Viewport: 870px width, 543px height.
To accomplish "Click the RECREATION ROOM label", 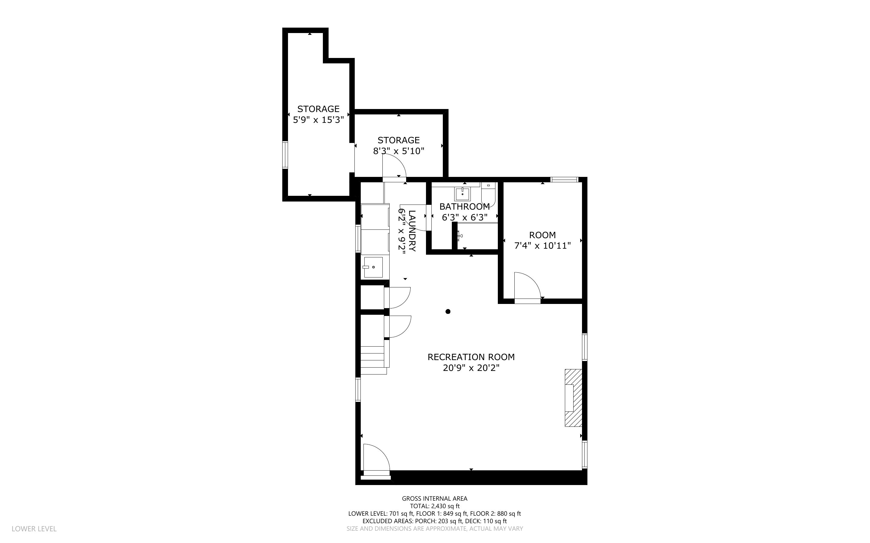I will [471, 357].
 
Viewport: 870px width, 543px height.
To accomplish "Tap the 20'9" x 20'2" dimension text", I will [471, 368].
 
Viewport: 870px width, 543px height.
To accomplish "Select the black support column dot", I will [448, 311].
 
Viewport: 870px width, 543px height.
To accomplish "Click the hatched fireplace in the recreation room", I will [573, 398].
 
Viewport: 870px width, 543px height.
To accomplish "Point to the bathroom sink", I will [462, 194].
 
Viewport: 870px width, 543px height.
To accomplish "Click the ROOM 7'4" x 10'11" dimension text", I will [542, 246].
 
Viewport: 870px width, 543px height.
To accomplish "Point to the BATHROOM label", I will [464, 207].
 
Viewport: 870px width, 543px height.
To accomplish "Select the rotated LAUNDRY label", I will [412, 231].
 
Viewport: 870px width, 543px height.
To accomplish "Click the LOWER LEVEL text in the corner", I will [34, 529].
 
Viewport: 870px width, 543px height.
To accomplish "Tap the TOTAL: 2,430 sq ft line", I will [434, 506].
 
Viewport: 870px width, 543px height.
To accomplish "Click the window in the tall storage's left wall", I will [285, 155].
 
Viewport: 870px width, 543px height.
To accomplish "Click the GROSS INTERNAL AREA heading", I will [434, 499].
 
